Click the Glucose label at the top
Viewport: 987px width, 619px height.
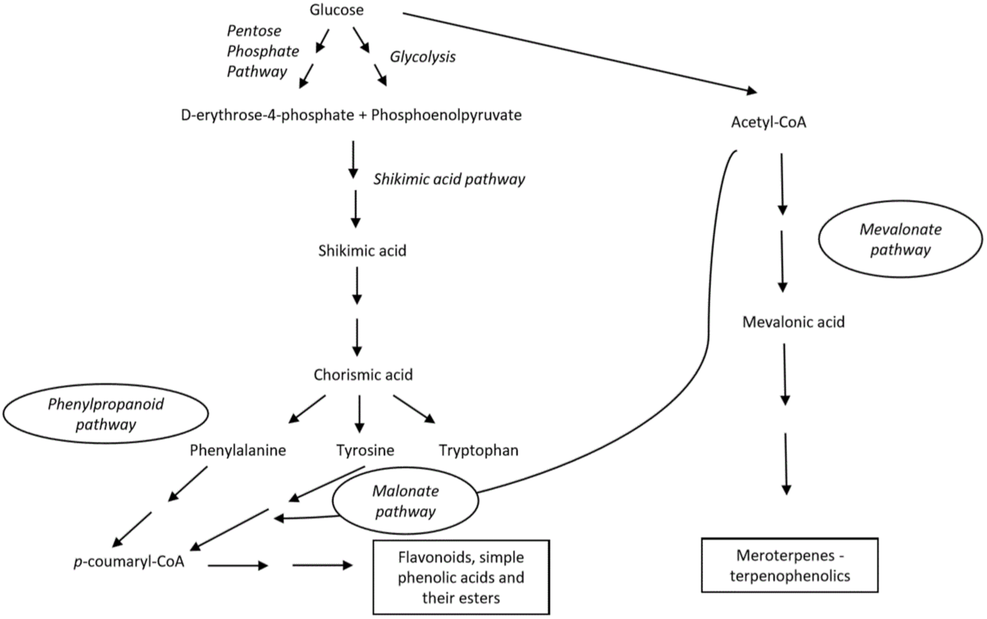[336, 10]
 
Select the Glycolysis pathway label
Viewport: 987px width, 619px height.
[422, 57]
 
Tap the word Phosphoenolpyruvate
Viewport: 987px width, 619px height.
[446, 115]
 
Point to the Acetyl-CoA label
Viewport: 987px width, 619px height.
[769, 122]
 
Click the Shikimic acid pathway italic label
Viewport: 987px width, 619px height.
[449, 179]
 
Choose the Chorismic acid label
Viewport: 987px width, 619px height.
[363, 375]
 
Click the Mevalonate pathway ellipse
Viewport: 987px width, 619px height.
[900, 239]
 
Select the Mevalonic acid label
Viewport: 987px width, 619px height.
[793, 322]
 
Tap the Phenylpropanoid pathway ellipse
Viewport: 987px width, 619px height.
[106, 414]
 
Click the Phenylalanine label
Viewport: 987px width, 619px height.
[238, 450]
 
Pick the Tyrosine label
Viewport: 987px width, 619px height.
[365, 450]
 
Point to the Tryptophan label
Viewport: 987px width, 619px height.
[479, 450]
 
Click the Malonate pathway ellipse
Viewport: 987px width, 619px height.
[405, 501]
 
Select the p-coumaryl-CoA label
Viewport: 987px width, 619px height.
[129, 562]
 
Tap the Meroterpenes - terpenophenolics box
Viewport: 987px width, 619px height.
[789, 565]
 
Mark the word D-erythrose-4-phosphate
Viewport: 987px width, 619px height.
[267, 115]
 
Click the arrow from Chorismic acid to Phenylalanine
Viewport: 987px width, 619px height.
[307, 409]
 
